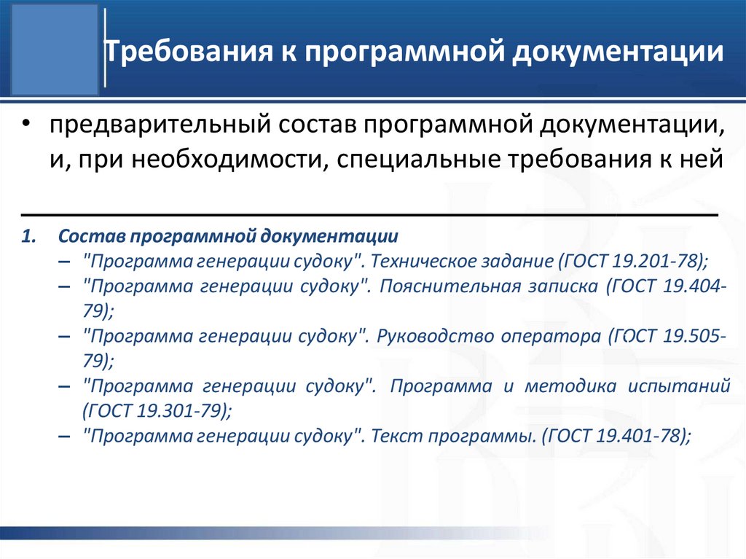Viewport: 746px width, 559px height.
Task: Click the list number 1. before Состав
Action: (x=28, y=237)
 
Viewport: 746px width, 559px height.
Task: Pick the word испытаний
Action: (x=683, y=386)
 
